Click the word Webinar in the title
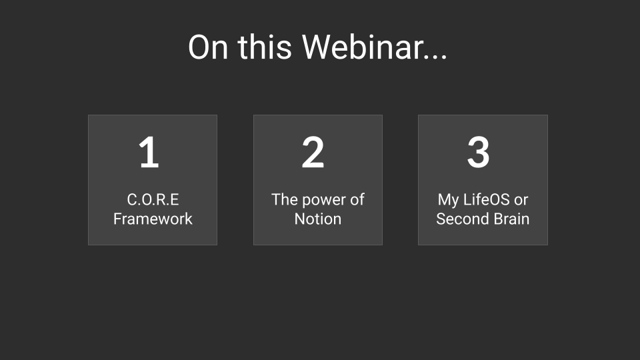coord(362,47)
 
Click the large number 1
coord(149,152)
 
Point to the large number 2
coord(313,152)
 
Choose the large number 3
coord(478,152)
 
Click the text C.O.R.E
coord(153,199)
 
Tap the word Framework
coord(153,219)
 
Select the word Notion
coord(318,219)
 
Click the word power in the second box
coord(324,200)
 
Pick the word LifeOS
coord(487,199)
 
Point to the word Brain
coord(510,219)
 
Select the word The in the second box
coord(284,199)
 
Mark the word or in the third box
coord(521,200)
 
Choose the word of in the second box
coord(357,199)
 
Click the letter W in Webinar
coord(316,47)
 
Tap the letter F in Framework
coord(118,219)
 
